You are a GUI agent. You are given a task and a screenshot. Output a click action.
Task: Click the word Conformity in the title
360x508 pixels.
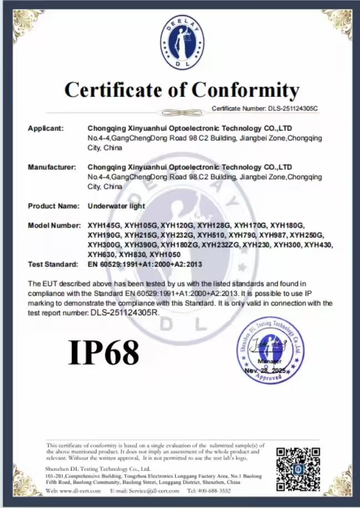246,89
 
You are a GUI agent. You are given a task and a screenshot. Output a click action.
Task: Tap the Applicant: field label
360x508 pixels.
46,128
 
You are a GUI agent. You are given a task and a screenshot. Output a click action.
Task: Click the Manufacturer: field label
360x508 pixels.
52,167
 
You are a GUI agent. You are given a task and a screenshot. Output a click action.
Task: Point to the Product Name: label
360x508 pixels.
54,206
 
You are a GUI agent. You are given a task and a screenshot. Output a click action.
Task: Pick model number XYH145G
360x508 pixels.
104,225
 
